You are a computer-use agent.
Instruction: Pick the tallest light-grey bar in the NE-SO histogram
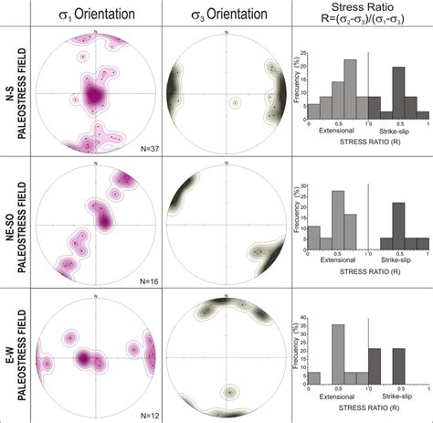coord(337,220)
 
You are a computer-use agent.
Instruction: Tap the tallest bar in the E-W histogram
coord(337,354)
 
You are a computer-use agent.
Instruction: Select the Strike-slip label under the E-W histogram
coord(398,396)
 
